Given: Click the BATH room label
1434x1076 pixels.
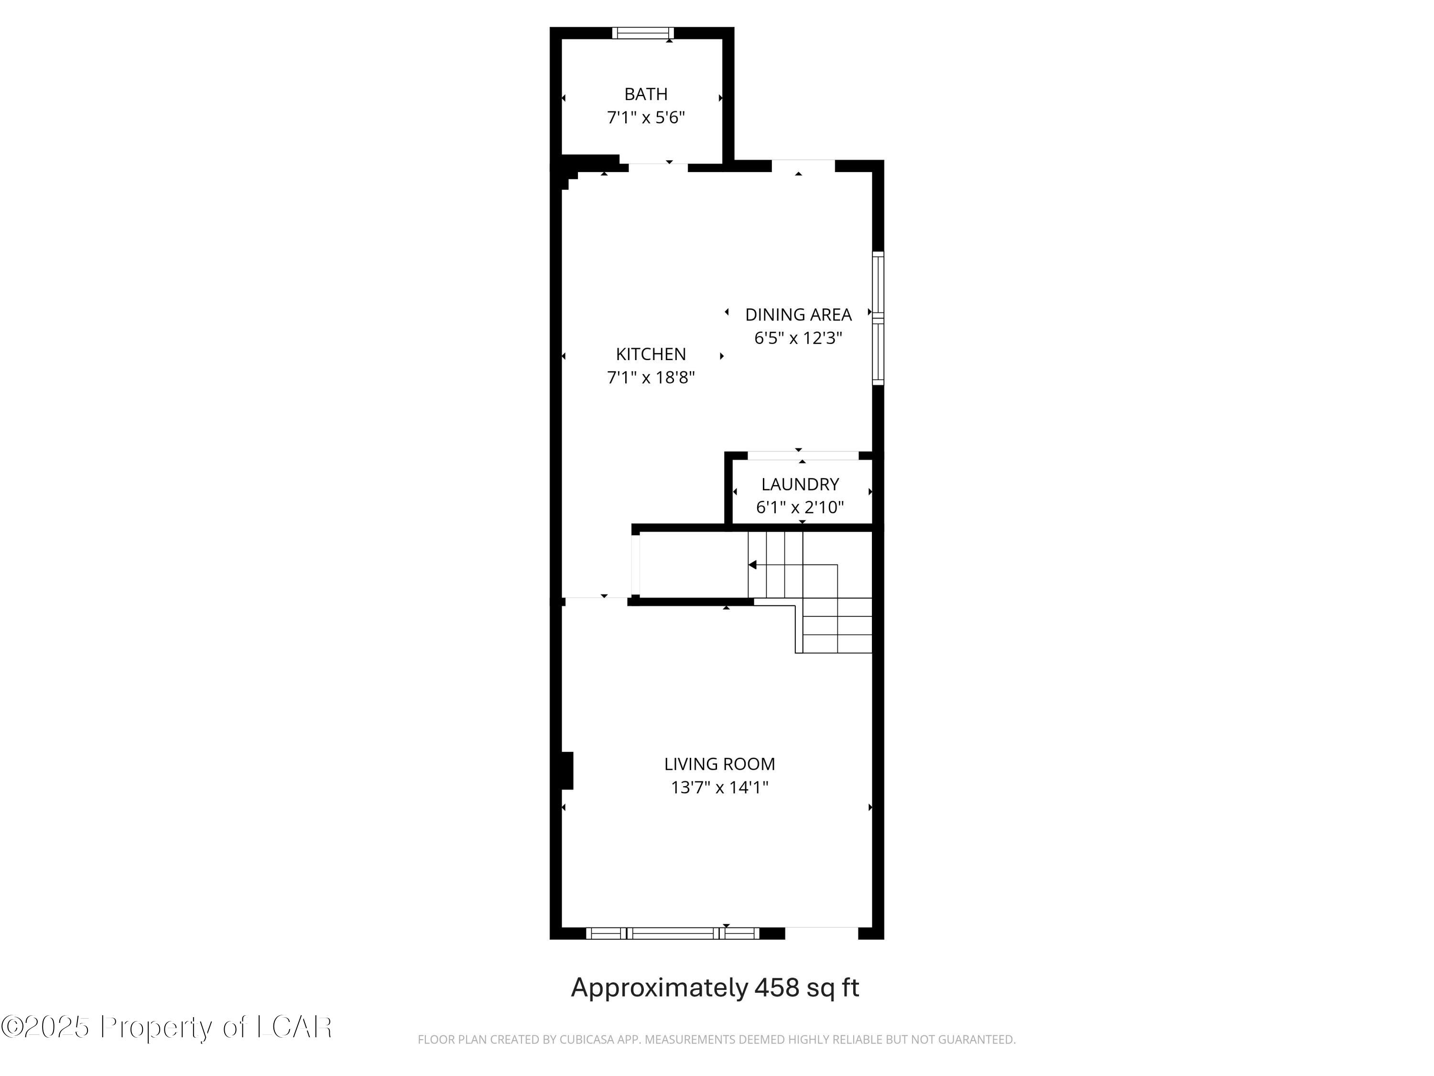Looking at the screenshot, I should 646,94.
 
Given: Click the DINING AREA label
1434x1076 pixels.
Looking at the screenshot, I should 798,315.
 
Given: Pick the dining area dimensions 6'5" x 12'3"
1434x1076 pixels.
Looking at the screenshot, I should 798,338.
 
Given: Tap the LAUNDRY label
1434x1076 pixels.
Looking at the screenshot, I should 800,484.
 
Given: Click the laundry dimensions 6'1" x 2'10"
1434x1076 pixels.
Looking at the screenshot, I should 800,507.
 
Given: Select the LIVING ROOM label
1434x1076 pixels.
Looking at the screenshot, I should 719,764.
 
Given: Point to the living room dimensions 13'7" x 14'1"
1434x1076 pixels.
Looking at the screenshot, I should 719,787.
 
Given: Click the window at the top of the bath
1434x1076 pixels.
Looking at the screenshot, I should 643,33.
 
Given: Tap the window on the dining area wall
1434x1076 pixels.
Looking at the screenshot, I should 878,318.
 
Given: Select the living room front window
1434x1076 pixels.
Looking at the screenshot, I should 672,933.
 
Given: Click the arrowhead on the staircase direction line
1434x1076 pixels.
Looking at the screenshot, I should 752,565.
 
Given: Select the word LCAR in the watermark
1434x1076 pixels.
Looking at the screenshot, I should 294,1027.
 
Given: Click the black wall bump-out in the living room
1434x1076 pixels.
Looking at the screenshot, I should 567,770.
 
